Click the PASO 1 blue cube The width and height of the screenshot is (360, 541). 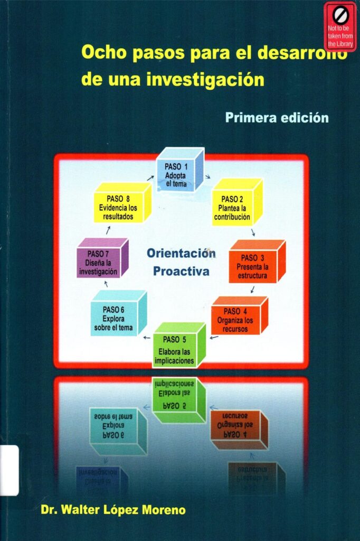pos(179,170)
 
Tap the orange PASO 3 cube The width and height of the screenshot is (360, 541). pos(255,264)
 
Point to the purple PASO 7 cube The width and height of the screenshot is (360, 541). pos(101,259)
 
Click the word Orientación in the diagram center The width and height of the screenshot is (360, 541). pos(181,253)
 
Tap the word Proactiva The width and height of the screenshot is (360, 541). pos(181,272)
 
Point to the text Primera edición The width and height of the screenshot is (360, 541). pos(277,117)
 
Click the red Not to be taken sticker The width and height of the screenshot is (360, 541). pos(340,26)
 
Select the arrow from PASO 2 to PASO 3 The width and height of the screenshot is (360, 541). pos(253,232)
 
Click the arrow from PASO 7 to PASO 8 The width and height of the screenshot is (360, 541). pos(108,230)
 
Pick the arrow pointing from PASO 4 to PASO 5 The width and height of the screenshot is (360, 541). pos(213,337)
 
